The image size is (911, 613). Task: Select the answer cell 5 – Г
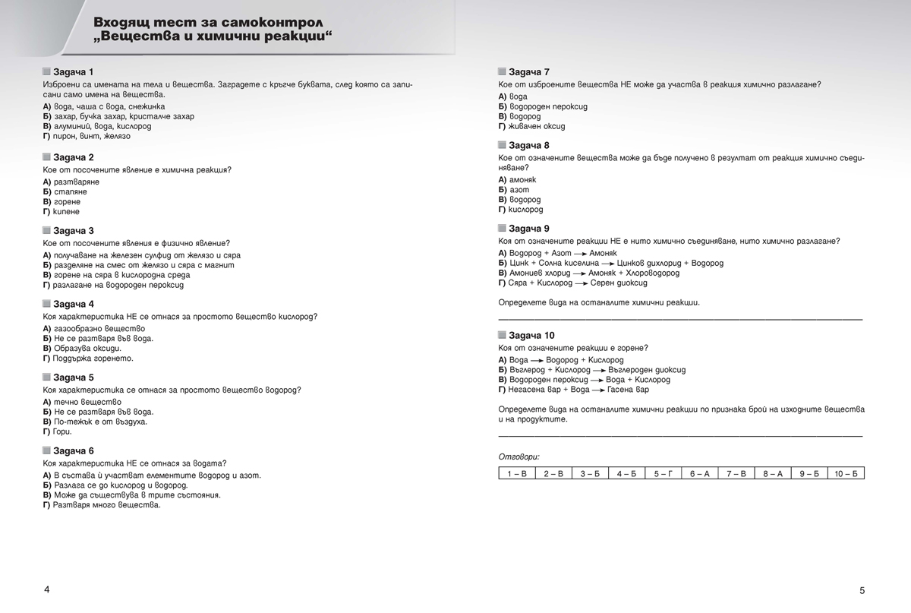point(662,473)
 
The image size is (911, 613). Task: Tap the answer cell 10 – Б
point(845,473)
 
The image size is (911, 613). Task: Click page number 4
point(47,589)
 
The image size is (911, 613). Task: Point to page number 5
point(862,590)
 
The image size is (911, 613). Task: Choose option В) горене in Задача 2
point(61,202)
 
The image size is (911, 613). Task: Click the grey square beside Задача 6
point(47,450)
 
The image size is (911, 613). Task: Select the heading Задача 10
point(531,335)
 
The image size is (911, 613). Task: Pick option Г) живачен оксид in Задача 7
point(531,126)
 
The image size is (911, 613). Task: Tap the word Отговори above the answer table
point(519,457)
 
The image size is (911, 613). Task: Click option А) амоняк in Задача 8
point(517,179)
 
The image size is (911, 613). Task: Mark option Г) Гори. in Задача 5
point(58,431)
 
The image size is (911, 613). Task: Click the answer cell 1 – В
point(516,473)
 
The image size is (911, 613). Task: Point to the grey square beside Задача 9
point(503,228)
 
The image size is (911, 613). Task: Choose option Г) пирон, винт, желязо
point(87,136)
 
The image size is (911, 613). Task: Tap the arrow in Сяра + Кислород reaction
point(581,283)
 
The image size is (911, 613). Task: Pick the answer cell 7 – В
point(736,473)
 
